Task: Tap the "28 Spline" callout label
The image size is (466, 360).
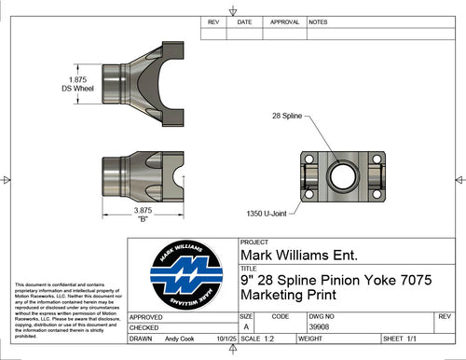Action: (288, 116)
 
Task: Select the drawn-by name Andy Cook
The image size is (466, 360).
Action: (183, 339)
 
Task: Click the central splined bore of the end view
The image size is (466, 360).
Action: (343, 173)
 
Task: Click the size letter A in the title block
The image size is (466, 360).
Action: (246, 327)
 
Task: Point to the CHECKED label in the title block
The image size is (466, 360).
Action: (145, 327)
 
